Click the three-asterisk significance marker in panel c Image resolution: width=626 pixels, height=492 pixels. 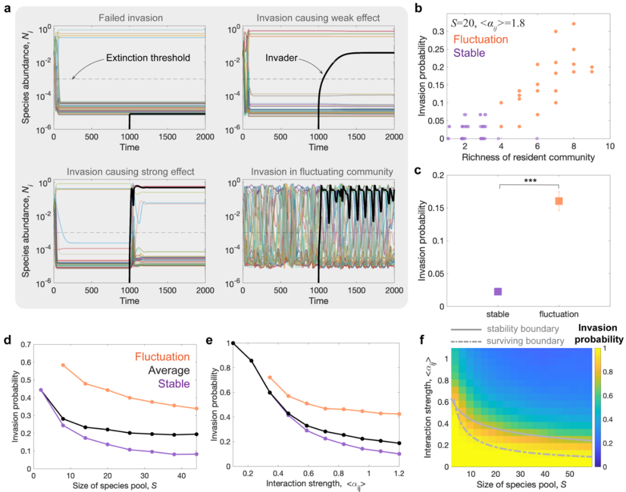pyautogui.click(x=529, y=180)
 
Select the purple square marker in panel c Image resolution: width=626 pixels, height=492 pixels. pyautogui.click(x=498, y=291)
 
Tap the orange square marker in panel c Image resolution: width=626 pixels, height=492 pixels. pyautogui.click(x=559, y=201)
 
